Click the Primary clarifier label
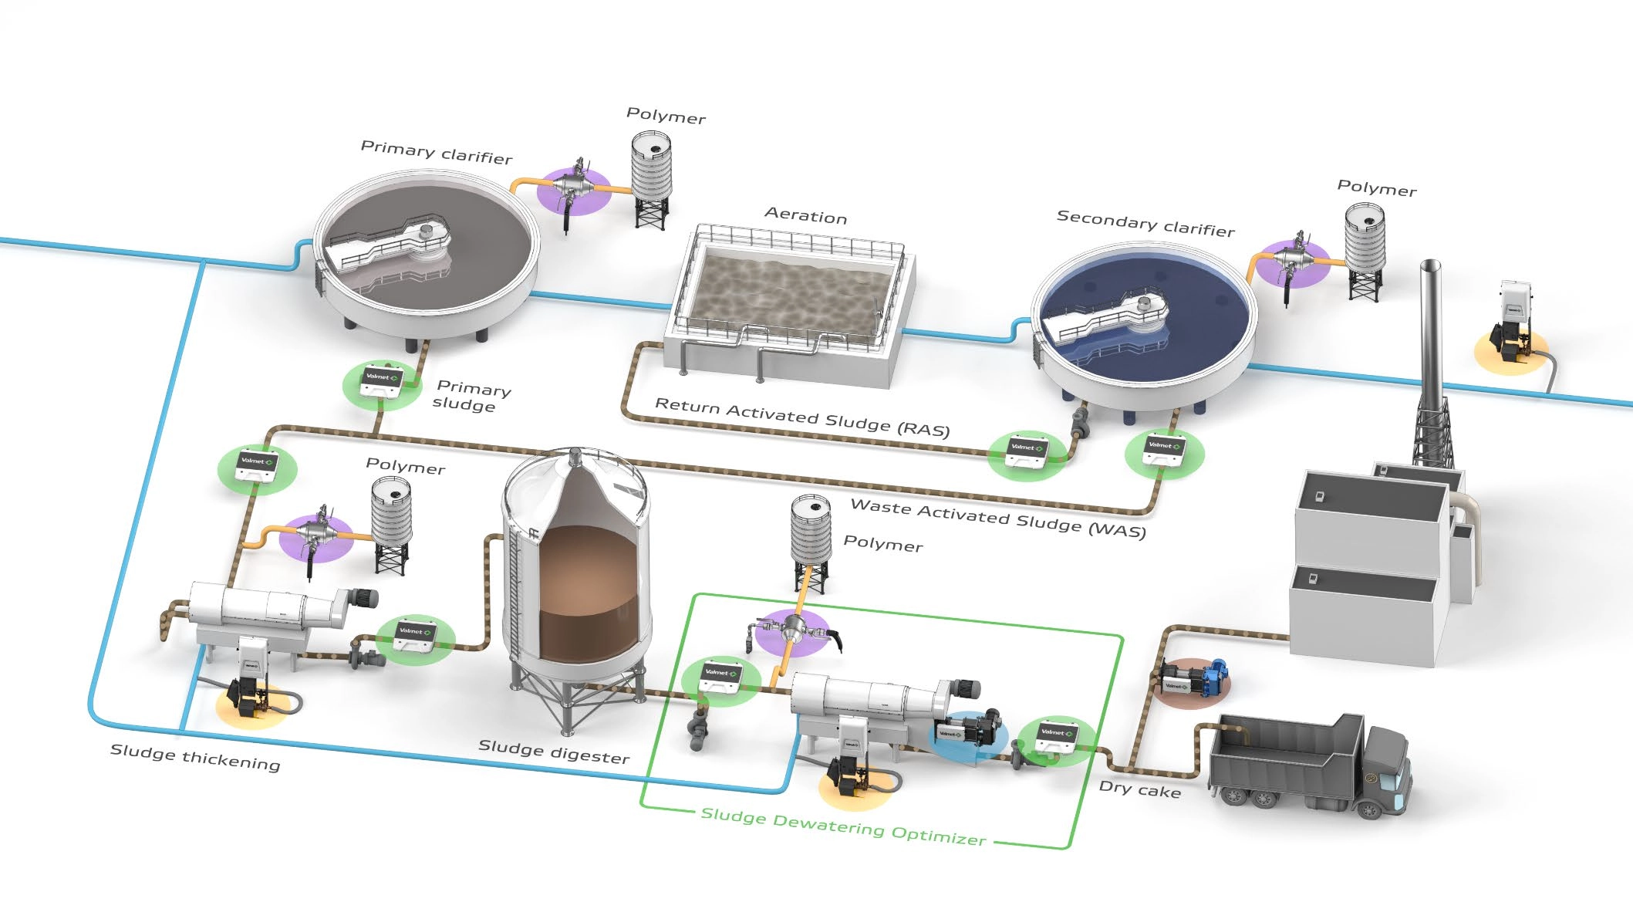point(437,152)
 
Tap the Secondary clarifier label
point(1145,223)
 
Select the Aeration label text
point(805,215)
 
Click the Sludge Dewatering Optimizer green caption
point(843,827)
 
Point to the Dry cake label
point(1139,789)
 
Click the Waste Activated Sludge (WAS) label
point(997,517)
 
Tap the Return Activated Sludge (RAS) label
point(802,417)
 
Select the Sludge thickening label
point(195,756)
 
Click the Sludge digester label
point(554,751)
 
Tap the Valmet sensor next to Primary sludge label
point(382,381)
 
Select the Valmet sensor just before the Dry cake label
point(1055,737)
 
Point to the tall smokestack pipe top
point(1430,266)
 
